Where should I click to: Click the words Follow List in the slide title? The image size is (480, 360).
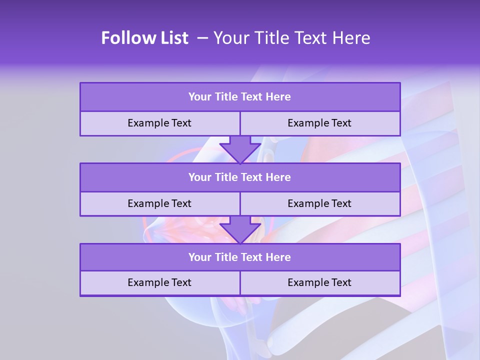pyautogui.click(x=144, y=38)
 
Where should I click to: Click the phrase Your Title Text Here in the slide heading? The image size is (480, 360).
pyautogui.click(x=292, y=38)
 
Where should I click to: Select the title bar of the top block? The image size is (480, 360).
pyautogui.click(x=240, y=97)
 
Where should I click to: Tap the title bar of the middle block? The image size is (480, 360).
pyautogui.click(x=240, y=177)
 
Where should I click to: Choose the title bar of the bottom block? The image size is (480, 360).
pyautogui.click(x=240, y=257)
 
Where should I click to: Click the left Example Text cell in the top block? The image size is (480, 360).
pyautogui.click(x=159, y=123)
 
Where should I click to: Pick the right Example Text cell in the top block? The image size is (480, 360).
pyautogui.click(x=319, y=123)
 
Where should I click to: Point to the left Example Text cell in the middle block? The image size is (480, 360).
pyautogui.click(x=159, y=203)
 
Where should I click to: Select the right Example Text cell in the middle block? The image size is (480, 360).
pyautogui.click(x=319, y=203)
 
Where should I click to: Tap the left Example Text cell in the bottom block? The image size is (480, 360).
pyautogui.click(x=159, y=282)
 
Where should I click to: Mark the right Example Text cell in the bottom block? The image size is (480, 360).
pyautogui.click(x=319, y=282)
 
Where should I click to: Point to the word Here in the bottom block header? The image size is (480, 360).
pyautogui.click(x=278, y=257)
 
